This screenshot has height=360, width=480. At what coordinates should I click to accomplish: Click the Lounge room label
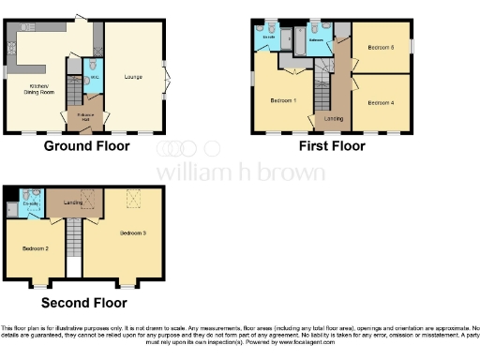point(133,76)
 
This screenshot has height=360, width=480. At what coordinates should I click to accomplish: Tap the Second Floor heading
point(84,302)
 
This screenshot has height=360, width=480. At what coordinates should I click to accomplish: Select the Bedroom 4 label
point(379,101)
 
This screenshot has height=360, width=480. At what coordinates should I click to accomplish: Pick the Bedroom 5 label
point(379,46)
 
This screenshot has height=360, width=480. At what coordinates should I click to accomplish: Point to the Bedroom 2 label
point(35,247)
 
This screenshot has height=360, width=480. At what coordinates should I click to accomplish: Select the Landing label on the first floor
point(333,118)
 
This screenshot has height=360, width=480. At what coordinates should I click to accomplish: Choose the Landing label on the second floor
point(73,202)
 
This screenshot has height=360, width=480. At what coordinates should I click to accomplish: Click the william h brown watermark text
point(240,172)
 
